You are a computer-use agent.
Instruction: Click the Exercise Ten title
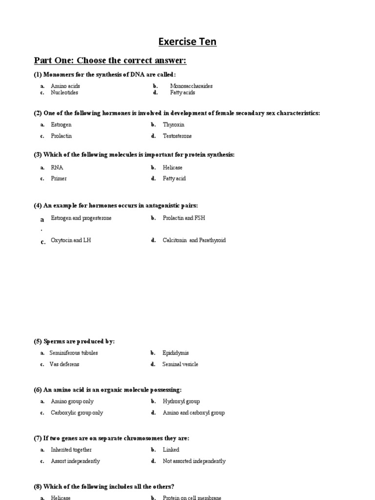click(x=187, y=42)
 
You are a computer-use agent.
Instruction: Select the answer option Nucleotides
click(x=64, y=92)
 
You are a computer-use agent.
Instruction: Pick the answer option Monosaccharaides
click(x=191, y=86)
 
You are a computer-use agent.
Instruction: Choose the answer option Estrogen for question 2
click(x=61, y=125)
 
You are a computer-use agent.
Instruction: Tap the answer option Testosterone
click(x=177, y=136)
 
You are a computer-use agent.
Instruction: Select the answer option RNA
click(x=57, y=167)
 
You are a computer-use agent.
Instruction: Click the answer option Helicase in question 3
click(x=172, y=167)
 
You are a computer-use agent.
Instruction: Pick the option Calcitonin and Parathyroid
click(x=194, y=240)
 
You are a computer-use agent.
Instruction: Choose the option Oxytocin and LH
click(x=71, y=240)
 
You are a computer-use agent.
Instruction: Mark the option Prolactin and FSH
click(x=184, y=218)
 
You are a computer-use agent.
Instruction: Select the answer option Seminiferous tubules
click(x=73, y=353)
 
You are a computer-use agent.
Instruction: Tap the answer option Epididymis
click(x=175, y=353)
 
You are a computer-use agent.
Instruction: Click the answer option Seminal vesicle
click(x=180, y=364)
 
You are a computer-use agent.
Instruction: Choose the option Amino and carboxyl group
click(x=193, y=413)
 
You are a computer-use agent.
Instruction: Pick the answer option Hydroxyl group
click(x=181, y=401)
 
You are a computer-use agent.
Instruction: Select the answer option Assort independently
click(x=75, y=461)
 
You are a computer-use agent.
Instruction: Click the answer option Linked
click(x=171, y=450)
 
